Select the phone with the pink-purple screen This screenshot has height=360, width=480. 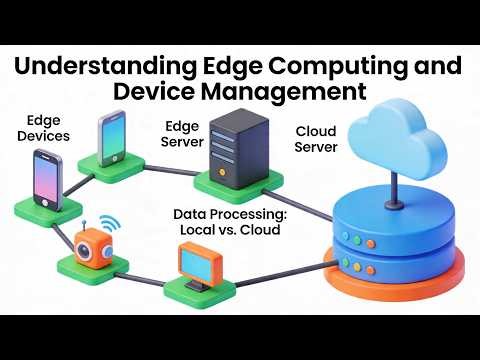(x=47, y=181)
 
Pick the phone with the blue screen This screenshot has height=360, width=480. (x=112, y=138)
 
